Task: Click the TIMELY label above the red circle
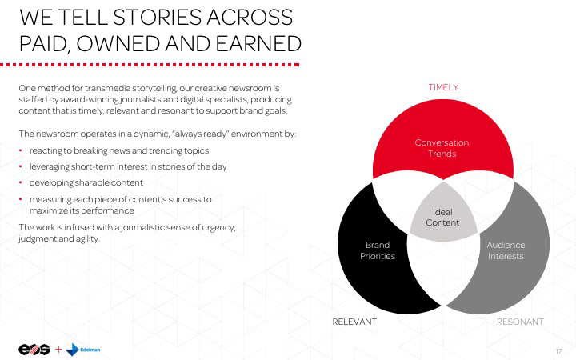[x=442, y=86]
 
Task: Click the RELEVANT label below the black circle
[x=354, y=321]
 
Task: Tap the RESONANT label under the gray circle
[x=520, y=321]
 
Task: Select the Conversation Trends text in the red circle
[x=442, y=147]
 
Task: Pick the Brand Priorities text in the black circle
[x=377, y=250]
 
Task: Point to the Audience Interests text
[x=506, y=250]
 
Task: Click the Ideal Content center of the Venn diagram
[x=442, y=217]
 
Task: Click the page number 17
[x=558, y=350]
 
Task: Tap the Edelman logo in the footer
[x=84, y=350]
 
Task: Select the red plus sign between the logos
[x=58, y=350]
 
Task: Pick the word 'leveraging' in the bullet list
[x=52, y=166]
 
